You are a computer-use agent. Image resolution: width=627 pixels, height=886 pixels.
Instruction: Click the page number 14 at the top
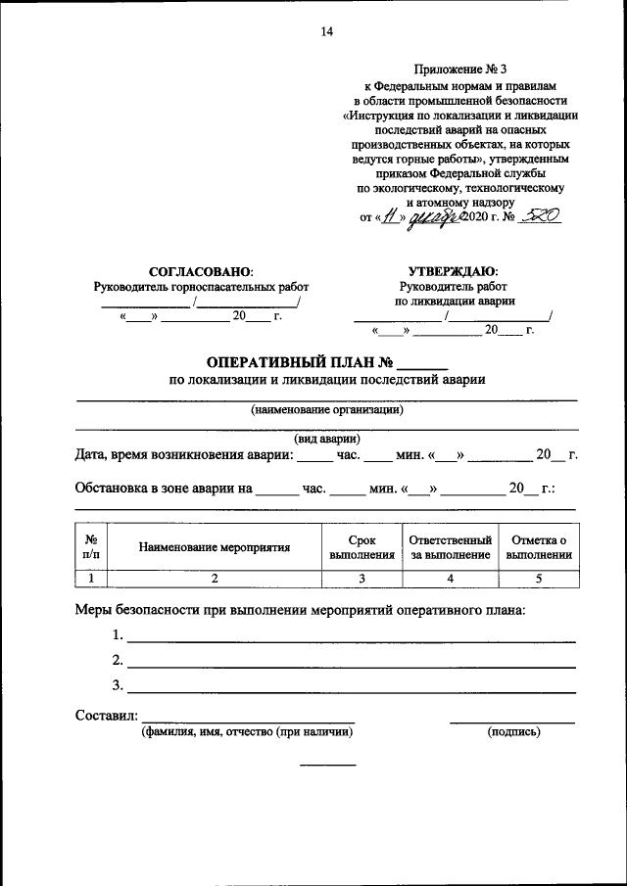click(x=327, y=32)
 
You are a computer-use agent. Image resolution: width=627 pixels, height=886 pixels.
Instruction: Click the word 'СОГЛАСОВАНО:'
click(x=201, y=270)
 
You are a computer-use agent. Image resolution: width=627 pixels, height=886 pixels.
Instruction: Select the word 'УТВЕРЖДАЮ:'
click(x=453, y=270)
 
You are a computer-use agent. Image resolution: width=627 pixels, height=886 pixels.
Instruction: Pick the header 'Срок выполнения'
click(x=362, y=547)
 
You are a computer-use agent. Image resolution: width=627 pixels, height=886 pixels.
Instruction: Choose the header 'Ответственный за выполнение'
click(x=450, y=547)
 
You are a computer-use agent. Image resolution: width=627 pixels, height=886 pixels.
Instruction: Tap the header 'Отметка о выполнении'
click(x=538, y=547)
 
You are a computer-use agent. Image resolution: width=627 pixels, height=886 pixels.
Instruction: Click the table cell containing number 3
click(x=362, y=579)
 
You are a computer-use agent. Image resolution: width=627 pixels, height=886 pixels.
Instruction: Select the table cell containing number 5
click(x=538, y=579)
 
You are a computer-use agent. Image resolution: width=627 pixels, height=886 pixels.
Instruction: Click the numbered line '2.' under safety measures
click(x=118, y=659)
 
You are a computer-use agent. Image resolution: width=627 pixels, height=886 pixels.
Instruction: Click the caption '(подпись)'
click(x=513, y=731)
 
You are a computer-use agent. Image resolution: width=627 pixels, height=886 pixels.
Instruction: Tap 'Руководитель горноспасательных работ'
click(x=201, y=287)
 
